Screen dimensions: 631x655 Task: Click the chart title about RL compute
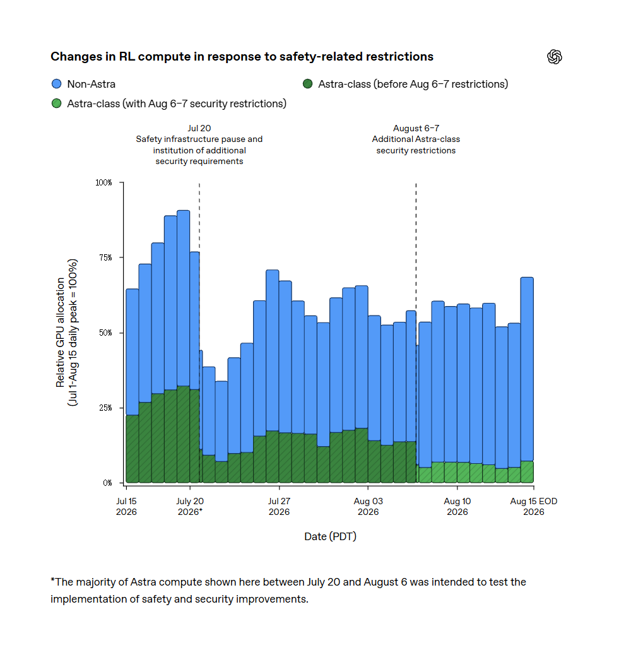click(x=242, y=57)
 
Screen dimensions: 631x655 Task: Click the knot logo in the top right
click(x=555, y=57)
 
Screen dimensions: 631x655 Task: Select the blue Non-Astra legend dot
click(x=56, y=84)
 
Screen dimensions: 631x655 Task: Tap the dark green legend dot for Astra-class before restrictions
click(x=308, y=84)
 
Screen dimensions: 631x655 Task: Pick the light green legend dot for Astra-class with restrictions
click(x=56, y=103)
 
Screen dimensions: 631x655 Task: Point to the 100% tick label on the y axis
click(x=103, y=182)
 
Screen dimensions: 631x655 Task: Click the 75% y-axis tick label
click(x=105, y=257)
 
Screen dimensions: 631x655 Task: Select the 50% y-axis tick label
click(x=105, y=333)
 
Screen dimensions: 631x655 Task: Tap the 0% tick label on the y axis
click(x=107, y=483)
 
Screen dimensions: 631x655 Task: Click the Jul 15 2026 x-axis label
click(x=126, y=506)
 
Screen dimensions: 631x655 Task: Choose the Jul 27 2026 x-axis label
click(x=279, y=506)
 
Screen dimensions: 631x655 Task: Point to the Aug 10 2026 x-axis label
click(x=457, y=506)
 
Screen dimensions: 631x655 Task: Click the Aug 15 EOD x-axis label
click(x=534, y=506)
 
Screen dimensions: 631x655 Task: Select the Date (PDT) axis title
click(x=330, y=536)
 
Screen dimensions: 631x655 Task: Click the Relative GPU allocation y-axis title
click(x=67, y=333)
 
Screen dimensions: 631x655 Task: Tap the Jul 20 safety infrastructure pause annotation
click(x=199, y=145)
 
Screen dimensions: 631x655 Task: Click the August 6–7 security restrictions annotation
click(x=416, y=139)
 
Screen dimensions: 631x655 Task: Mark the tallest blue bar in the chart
click(x=184, y=298)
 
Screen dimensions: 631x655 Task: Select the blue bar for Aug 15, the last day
click(x=527, y=369)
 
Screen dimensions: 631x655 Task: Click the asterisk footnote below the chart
click(x=288, y=590)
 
